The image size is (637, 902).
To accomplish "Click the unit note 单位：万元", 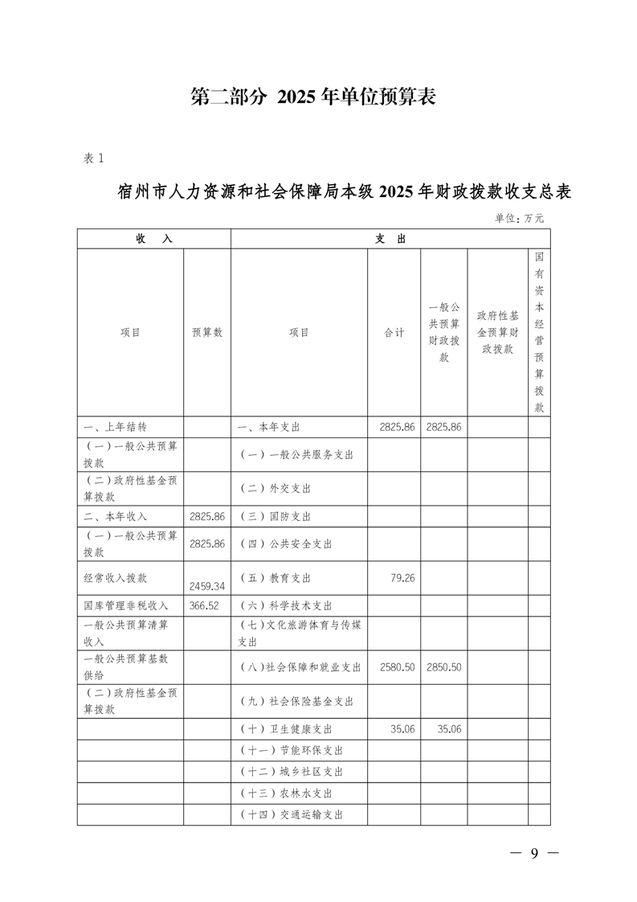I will (519, 218).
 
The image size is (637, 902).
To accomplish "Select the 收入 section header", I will (154, 239).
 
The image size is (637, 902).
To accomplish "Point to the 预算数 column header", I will (207, 332).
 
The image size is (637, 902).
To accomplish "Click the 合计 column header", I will (394, 332).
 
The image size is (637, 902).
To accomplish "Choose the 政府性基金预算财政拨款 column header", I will (497, 332).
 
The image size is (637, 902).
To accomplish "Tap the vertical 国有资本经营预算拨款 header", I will (539, 332).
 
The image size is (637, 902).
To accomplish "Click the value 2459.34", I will (207, 586).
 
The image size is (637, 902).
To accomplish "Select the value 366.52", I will (203, 605).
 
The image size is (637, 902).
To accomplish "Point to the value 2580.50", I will (394, 667).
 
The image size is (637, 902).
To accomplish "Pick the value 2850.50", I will (444, 667).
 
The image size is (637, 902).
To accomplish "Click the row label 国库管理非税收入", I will (126, 605).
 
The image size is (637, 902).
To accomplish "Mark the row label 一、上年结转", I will (114, 427).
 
